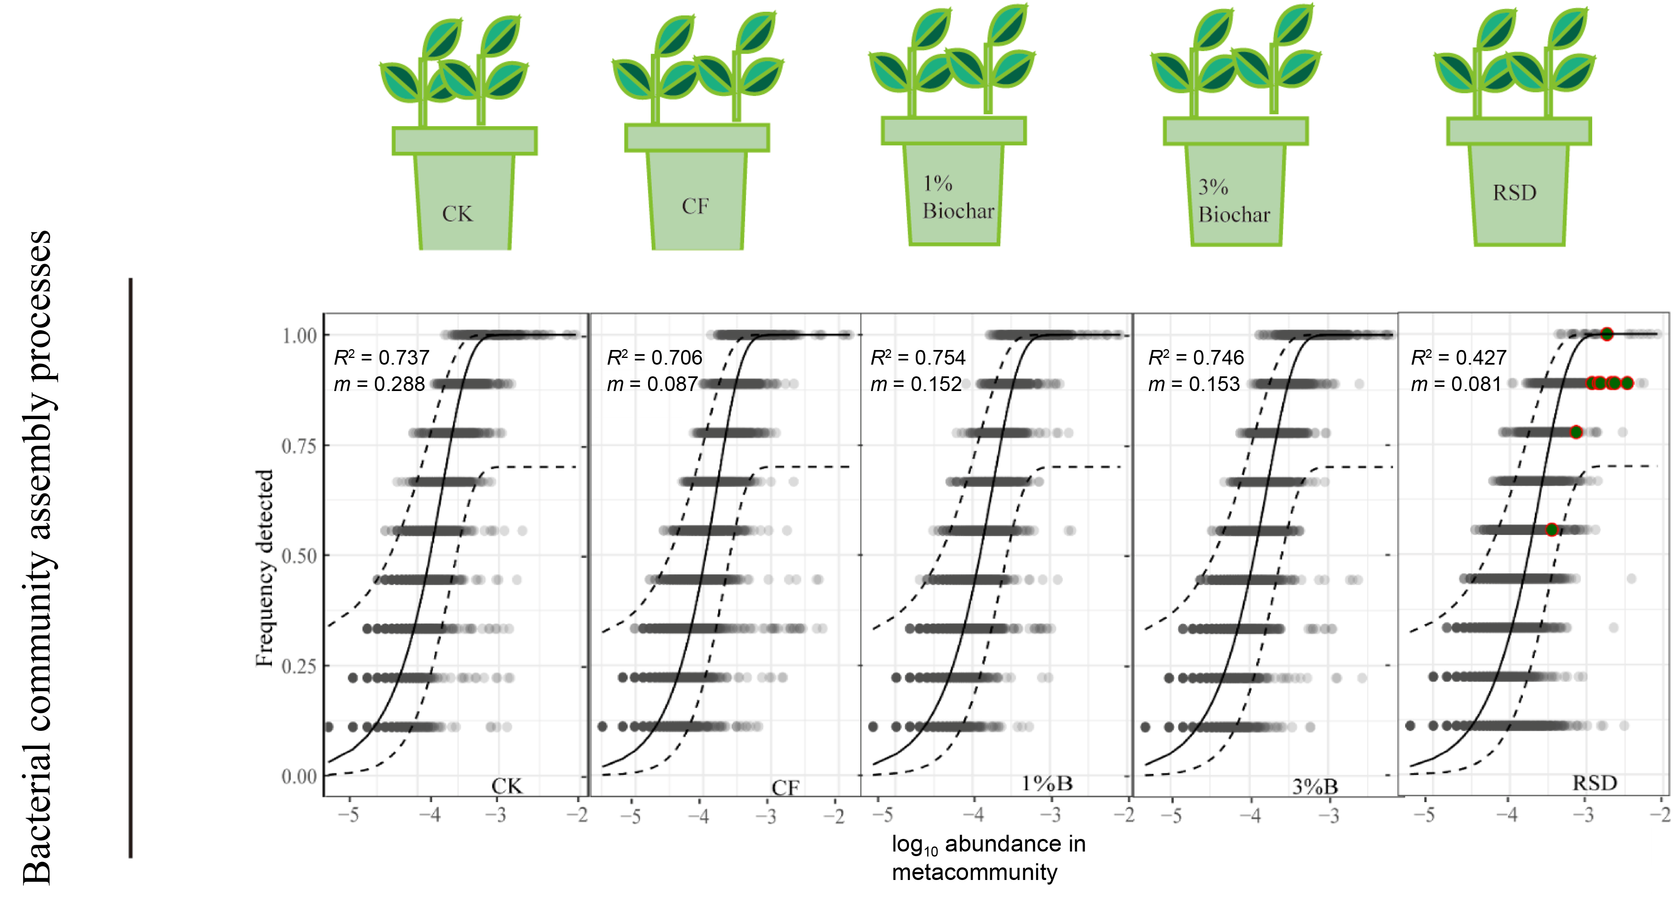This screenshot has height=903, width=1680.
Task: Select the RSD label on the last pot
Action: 1514,193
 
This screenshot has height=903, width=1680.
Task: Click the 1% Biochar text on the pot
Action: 958,198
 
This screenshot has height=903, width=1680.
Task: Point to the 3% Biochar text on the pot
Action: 1233,201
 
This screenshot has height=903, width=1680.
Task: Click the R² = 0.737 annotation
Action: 382,358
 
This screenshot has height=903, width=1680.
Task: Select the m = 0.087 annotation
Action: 652,384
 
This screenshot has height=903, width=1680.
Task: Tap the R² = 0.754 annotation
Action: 918,358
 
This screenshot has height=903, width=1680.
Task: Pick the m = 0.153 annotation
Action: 1193,384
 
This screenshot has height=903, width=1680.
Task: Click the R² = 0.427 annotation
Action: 1458,358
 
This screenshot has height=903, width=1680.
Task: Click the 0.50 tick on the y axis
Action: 300,556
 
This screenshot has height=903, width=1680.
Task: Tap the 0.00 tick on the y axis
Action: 300,777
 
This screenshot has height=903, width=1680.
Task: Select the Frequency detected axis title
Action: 264,568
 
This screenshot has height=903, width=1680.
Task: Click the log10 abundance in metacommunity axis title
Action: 988,857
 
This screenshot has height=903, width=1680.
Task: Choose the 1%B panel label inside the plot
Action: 1046,783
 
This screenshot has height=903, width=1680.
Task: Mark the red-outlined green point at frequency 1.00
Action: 1606,334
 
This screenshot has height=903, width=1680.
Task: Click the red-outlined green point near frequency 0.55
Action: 1552,530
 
